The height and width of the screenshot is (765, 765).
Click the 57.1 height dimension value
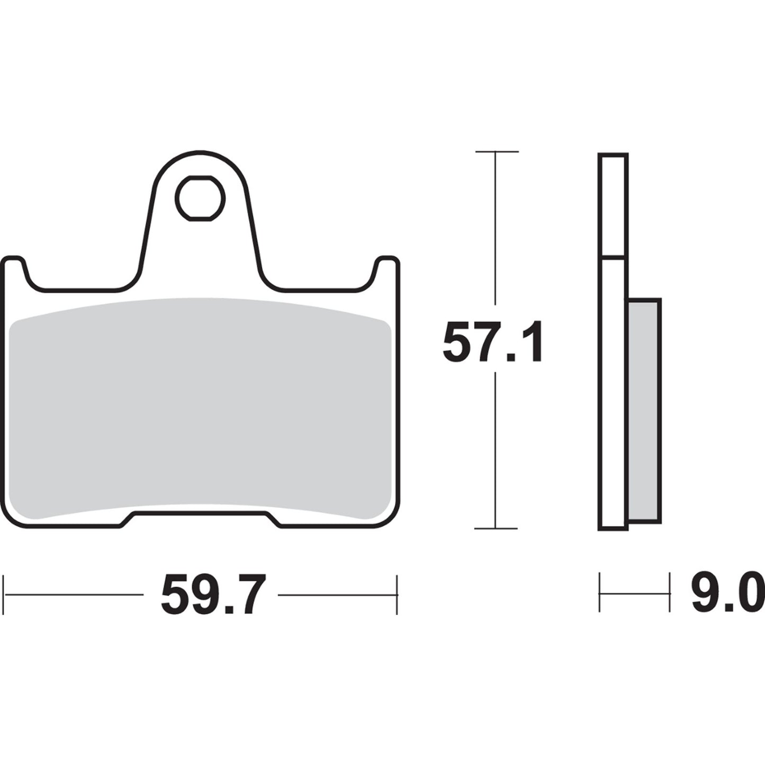(x=493, y=342)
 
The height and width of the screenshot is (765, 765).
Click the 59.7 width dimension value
(x=211, y=595)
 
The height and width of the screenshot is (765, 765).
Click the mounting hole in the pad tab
(x=200, y=199)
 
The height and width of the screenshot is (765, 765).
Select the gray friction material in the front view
(x=200, y=408)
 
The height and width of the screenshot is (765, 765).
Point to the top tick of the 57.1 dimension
(x=496, y=151)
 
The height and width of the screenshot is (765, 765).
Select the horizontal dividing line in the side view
(x=613, y=258)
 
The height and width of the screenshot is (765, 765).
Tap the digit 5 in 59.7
(x=177, y=595)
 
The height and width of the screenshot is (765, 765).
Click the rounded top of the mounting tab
(x=200, y=155)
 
